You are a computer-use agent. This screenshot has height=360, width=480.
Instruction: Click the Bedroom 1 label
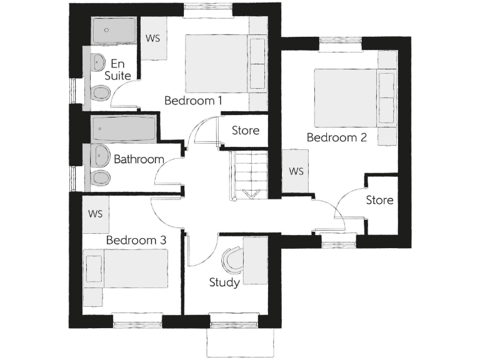tap(193, 100)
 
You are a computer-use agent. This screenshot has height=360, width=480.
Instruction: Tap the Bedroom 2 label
tap(336, 138)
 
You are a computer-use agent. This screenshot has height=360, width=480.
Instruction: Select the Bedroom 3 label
tap(136, 240)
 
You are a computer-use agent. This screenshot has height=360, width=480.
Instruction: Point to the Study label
tap(224, 282)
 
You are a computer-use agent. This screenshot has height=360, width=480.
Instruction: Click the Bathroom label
tap(139, 159)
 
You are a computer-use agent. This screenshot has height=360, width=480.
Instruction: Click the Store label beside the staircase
tap(245, 131)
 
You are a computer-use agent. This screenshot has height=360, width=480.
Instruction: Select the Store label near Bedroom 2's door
tap(379, 200)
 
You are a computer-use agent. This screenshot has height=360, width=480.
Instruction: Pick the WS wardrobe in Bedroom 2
tap(296, 171)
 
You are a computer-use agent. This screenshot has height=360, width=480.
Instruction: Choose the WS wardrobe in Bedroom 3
tap(95, 214)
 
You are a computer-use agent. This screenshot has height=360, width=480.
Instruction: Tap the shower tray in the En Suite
tap(113, 31)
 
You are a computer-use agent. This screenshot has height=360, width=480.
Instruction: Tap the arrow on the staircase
tap(252, 194)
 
